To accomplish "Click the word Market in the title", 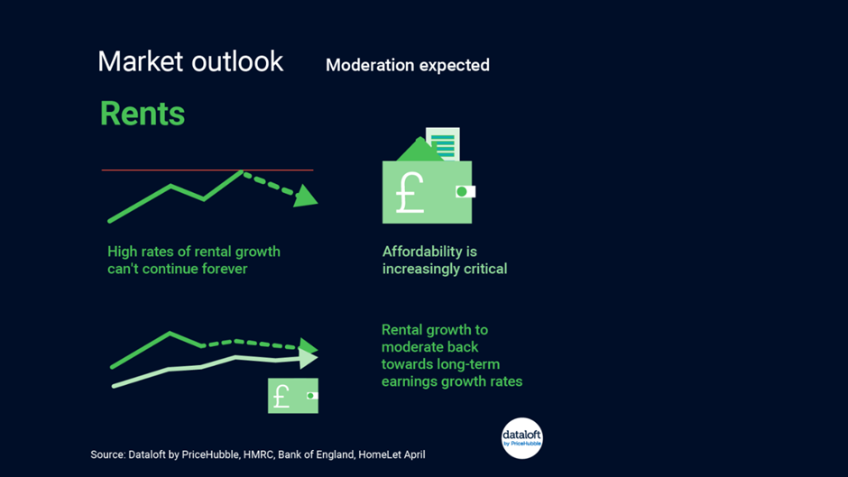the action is click(140, 61).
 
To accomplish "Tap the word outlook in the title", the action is click(237, 61).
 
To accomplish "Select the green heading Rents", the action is click(143, 114).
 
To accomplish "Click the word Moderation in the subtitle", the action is click(370, 65).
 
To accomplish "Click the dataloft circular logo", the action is click(522, 438).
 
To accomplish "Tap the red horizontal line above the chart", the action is click(207, 170).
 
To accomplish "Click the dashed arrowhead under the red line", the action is click(306, 196).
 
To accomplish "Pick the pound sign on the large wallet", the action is click(410, 193).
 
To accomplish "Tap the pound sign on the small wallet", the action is click(281, 397).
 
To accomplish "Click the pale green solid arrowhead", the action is click(309, 358).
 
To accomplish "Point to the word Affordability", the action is click(422, 252).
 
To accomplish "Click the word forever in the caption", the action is click(225, 269).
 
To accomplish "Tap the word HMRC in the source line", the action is click(257, 454).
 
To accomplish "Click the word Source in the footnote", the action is click(106, 454).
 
